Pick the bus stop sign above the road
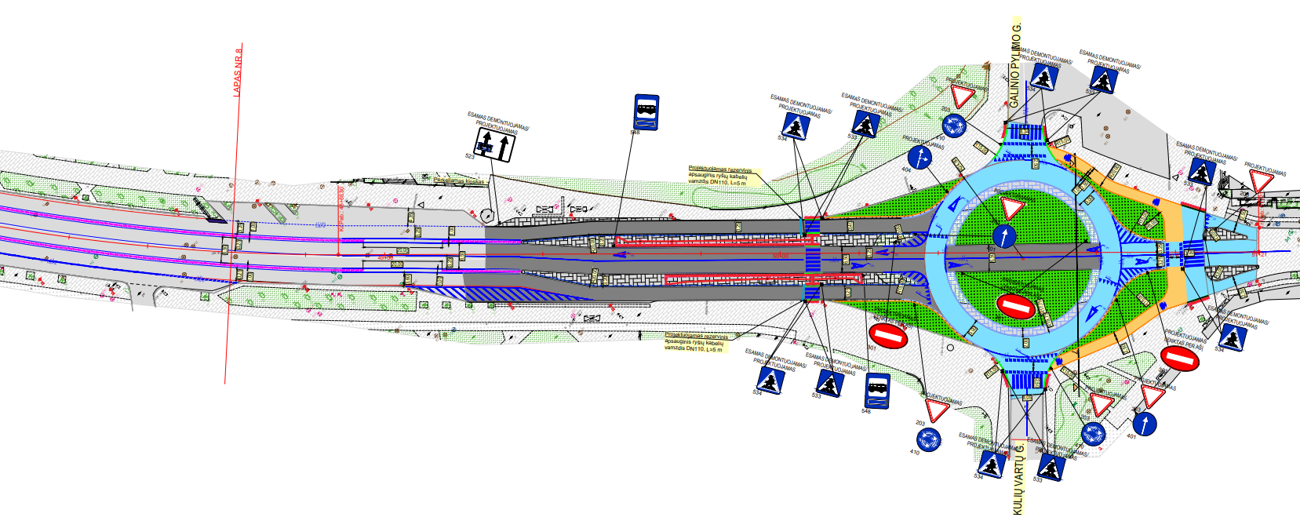click(x=646, y=112)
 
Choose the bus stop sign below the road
click(x=878, y=390)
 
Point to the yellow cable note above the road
click(x=719, y=176)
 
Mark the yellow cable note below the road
click(x=695, y=342)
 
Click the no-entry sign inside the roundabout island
click(x=1014, y=305)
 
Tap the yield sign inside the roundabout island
click(x=1011, y=208)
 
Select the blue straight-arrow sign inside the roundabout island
click(x=1004, y=235)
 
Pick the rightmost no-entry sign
click(x=1178, y=359)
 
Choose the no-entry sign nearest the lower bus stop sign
click(x=888, y=337)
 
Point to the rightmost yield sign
click(x=1262, y=182)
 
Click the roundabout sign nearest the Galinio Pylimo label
click(x=954, y=126)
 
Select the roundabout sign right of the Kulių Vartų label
click(x=1093, y=433)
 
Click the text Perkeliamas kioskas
click(x=459, y=180)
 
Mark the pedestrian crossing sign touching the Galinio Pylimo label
click(x=1043, y=77)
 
